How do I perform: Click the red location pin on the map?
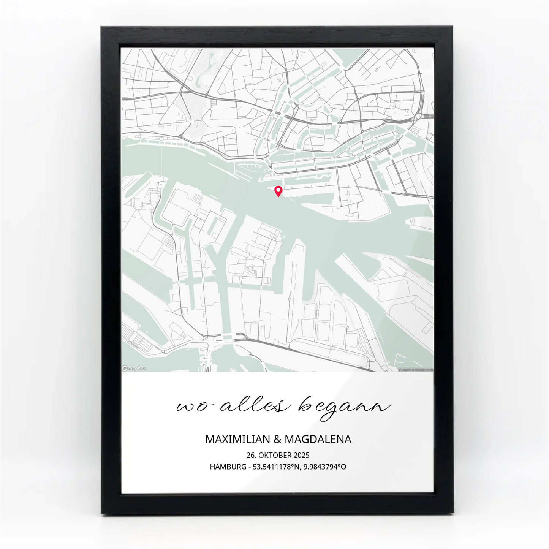pos(278,191)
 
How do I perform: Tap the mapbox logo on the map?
pos(134,368)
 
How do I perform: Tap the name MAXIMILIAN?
pos(237,440)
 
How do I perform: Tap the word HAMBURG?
pos(228,467)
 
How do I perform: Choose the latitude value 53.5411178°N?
pos(276,467)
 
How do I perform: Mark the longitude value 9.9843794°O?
pos(325,467)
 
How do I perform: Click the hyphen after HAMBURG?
pos(250,467)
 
